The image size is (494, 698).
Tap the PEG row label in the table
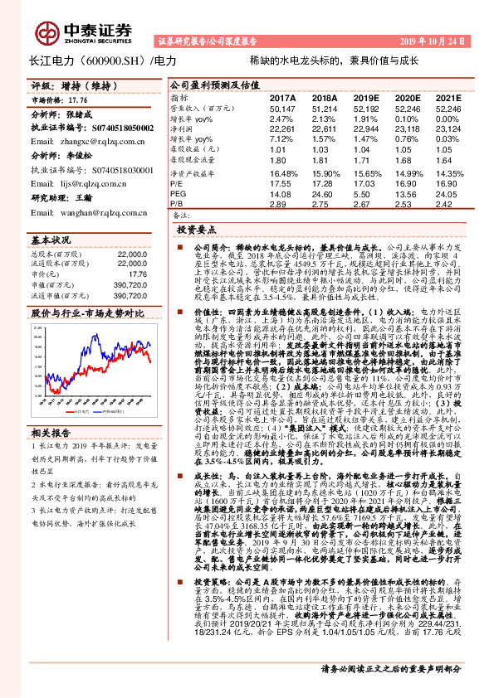pos(181,194)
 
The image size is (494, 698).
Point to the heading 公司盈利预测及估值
pos(203,85)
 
